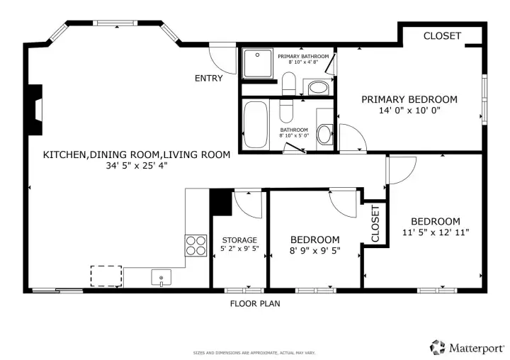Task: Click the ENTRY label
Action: coord(208,78)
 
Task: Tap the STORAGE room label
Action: coord(239,240)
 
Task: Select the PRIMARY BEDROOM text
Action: coord(409,99)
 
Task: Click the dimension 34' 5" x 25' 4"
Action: coord(137,166)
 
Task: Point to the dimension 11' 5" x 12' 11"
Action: coord(436,232)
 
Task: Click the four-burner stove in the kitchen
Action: coord(195,245)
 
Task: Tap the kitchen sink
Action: coord(161,278)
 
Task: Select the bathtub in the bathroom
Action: coord(256,125)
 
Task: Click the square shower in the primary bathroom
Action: coord(257,64)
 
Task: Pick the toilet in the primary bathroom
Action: coord(288,84)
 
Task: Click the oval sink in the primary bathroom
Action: coord(318,87)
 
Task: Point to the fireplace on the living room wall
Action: coord(35,110)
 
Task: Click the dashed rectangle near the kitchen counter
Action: coord(106,276)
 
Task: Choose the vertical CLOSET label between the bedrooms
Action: coord(375,223)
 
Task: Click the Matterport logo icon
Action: coord(438,348)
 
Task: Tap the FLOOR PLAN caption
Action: coord(255,304)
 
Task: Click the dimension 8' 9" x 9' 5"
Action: coord(314,251)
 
